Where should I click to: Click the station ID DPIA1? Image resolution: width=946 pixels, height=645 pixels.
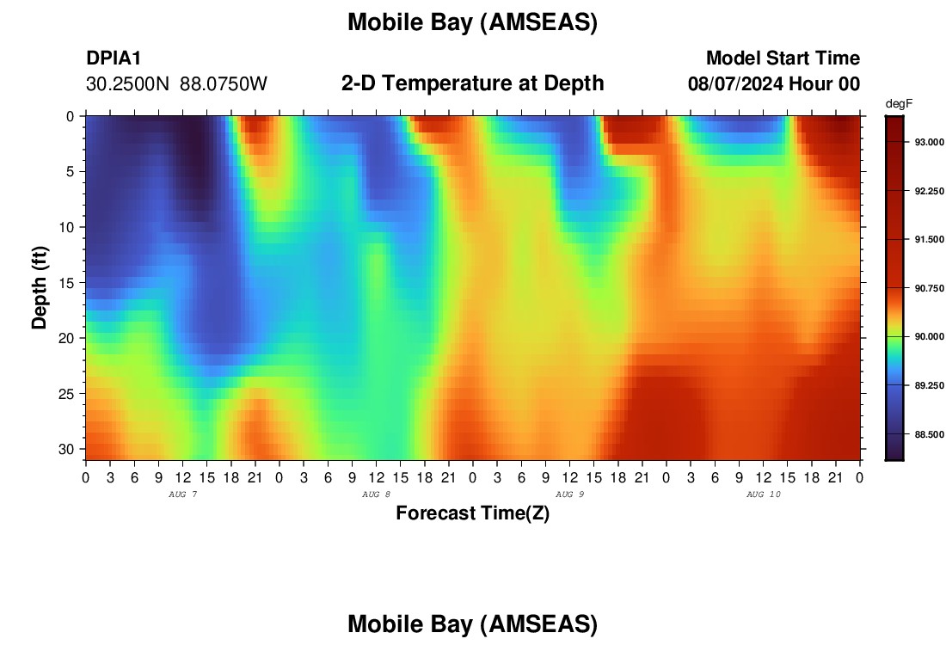[x=114, y=58]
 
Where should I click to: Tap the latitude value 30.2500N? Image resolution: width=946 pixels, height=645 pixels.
[x=127, y=84]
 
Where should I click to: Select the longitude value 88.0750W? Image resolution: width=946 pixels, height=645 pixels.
[x=224, y=84]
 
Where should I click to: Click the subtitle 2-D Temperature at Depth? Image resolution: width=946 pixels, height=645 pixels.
[x=472, y=83]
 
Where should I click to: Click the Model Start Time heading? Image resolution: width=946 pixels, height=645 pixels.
[x=783, y=58]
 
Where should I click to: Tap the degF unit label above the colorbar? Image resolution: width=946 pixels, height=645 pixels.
[x=899, y=104]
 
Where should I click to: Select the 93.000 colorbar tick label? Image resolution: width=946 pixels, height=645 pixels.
[x=929, y=143]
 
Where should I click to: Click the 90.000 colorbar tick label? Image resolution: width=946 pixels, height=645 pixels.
[x=929, y=336]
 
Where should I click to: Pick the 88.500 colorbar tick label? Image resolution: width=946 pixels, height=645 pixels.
[x=929, y=434]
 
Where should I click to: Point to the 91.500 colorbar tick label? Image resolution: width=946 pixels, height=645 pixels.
[x=929, y=240]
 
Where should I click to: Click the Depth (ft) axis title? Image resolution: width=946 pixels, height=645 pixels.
[x=40, y=288]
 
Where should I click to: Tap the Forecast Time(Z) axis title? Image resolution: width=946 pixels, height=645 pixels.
[x=472, y=513]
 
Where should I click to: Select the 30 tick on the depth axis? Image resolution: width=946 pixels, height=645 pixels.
[x=66, y=450]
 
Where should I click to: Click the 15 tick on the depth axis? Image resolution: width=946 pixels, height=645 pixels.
[x=66, y=283]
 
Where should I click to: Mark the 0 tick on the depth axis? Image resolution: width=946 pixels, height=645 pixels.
[x=70, y=116]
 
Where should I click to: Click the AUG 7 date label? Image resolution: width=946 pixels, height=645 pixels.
[x=183, y=494]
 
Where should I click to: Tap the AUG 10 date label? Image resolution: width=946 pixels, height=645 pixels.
[x=763, y=494]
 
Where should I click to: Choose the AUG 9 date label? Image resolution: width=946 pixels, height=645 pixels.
[x=569, y=494]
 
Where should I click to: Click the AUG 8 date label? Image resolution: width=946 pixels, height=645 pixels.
[x=376, y=494]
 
